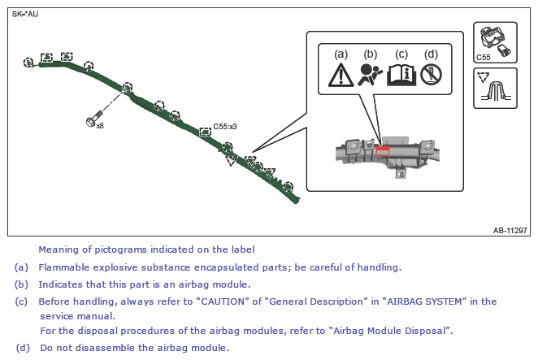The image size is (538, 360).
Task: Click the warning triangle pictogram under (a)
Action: (x=341, y=75)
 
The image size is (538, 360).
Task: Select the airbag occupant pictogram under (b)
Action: (x=370, y=75)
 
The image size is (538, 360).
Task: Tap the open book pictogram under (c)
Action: (x=401, y=75)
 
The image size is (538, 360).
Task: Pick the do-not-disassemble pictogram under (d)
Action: (x=431, y=75)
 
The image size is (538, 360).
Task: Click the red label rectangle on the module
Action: (x=382, y=151)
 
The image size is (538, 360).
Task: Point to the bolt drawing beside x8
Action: (x=94, y=119)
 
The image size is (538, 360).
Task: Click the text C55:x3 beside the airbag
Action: (x=225, y=126)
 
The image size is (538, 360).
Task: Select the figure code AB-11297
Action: (x=510, y=230)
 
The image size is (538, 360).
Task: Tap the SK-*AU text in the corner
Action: (x=25, y=14)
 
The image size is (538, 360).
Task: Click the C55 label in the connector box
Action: (x=483, y=58)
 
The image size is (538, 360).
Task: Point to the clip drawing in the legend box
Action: (x=496, y=92)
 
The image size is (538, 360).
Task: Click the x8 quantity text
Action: (x=100, y=126)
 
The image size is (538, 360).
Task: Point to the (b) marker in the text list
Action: (x=21, y=284)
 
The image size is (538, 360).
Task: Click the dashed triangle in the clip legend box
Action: (x=484, y=77)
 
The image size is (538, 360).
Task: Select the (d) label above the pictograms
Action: (x=431, y=54)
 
